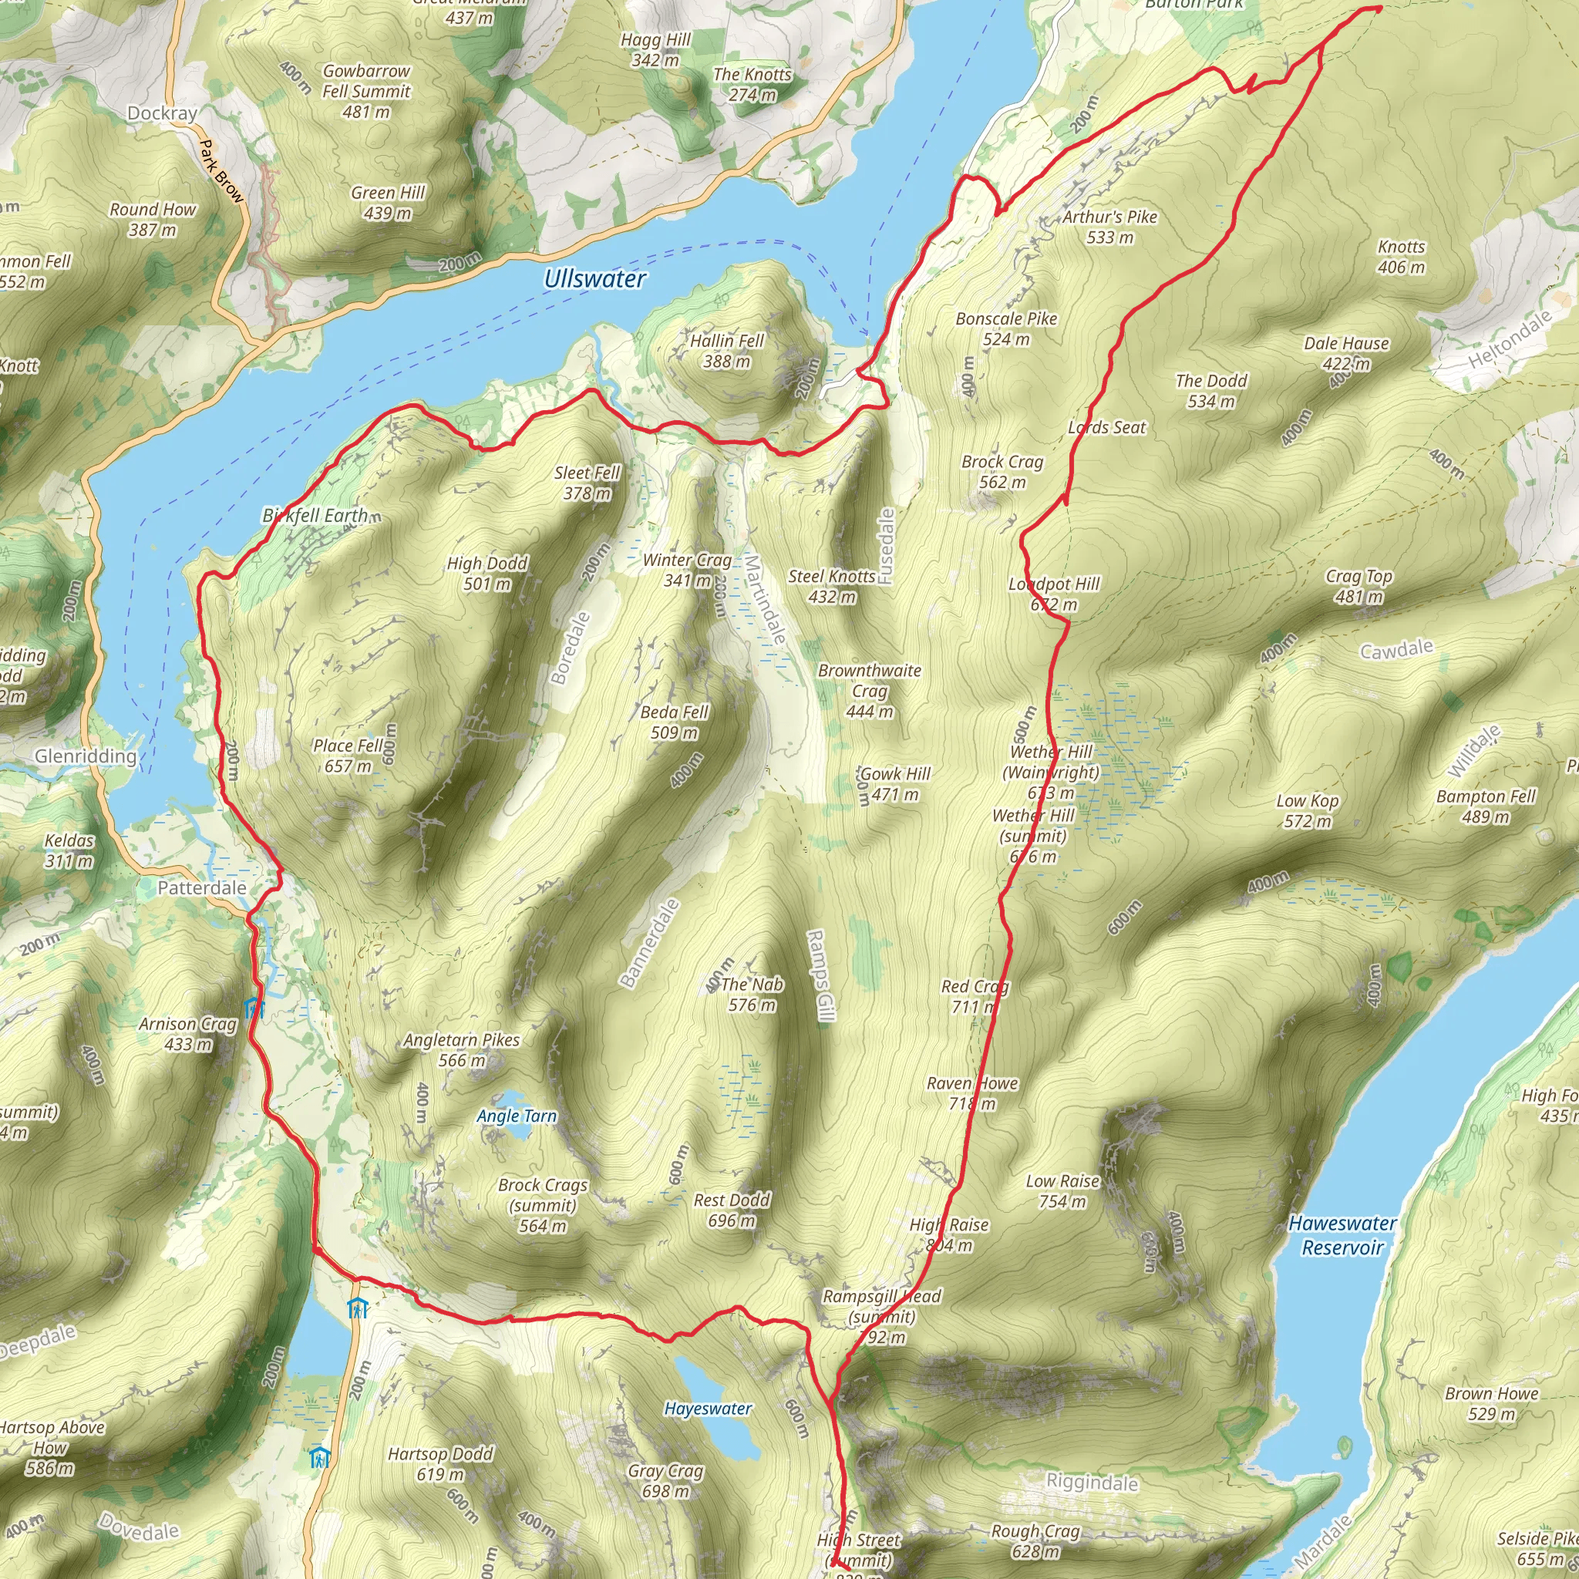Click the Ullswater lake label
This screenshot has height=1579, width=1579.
594,280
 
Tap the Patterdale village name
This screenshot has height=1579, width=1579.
202,887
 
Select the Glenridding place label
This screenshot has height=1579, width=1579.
85,756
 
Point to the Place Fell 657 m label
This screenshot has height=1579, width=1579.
348,755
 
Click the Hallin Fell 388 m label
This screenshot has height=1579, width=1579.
726,351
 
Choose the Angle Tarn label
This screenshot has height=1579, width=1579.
517,1116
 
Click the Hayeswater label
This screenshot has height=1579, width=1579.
708,1408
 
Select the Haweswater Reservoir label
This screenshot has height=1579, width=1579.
1342,1235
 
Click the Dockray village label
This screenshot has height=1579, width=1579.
163,113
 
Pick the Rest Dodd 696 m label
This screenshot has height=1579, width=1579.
732,1210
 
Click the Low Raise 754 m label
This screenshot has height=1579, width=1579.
1062,1190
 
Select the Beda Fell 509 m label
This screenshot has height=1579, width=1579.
675,722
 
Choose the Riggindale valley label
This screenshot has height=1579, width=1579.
1092,1482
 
